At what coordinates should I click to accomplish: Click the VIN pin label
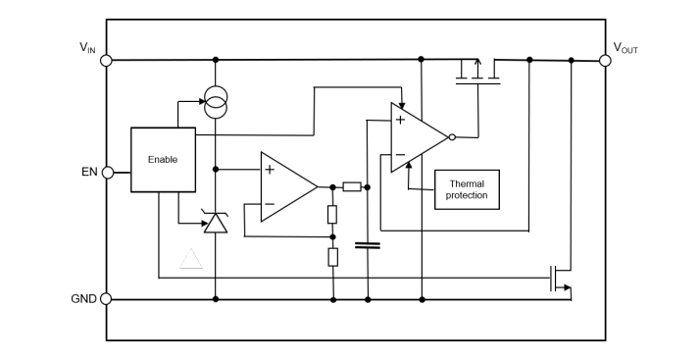[87, 47]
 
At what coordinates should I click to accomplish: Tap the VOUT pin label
[625, 47]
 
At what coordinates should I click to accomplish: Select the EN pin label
[88, 173]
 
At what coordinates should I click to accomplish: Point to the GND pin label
[83, 298]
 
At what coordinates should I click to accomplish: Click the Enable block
[163, 159]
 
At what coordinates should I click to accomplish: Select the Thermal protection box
[467, 189]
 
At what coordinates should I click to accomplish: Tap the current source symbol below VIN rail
[215, 99]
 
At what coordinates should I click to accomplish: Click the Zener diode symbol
[215, 224]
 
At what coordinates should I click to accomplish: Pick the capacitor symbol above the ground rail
[368, 245]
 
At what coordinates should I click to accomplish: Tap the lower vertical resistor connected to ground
[332, 258]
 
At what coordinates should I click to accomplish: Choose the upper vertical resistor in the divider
[332, 214]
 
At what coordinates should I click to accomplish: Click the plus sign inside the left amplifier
[270, 170]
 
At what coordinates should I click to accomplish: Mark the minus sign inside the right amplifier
[400, 155]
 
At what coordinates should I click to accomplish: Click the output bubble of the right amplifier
[452, 137]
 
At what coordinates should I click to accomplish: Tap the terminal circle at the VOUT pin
[605, 60]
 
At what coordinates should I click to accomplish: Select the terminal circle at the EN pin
[107, 173]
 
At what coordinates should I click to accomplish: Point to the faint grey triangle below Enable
[191, 259]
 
